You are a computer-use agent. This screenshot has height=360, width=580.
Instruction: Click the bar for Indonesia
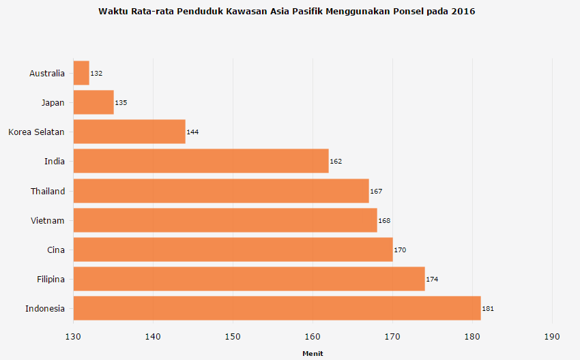[x=276, y=308]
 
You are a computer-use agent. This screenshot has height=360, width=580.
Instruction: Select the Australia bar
[x=81, y=73]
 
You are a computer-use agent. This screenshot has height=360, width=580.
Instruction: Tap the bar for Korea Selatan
[x=129, y=132]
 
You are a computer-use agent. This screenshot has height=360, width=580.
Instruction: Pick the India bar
[x=201, y=161]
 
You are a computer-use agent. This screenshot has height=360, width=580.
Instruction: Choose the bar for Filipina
[x=248, y=279]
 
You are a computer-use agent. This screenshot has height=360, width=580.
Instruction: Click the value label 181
[x=488, y=309]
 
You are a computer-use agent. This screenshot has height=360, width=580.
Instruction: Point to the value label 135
[x=121, y=103]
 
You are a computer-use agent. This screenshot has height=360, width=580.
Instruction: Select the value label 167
[x=376, y=191]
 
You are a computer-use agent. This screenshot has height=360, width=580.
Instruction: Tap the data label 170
[x=400, y=250]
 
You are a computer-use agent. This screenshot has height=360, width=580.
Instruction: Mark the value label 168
[x=384, y=221]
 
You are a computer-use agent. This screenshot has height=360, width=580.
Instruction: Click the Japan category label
[x=53, y=103]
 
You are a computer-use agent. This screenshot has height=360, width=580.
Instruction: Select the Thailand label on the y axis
[x=48, y=191]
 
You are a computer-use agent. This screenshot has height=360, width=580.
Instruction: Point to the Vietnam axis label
[x=48, y=220]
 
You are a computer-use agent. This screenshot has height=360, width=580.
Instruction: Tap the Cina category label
[x=56, y=250]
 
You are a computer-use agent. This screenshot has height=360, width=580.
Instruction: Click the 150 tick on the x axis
[x=233, y=337]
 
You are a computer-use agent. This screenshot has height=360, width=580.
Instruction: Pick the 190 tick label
[x=552, y=337]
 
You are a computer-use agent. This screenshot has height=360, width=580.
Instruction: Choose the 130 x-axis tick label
[x=73, y=337]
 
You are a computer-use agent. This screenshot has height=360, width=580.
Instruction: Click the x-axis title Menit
[x=313, y=353]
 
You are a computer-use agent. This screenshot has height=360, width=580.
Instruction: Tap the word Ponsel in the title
[x=408, y=12]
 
